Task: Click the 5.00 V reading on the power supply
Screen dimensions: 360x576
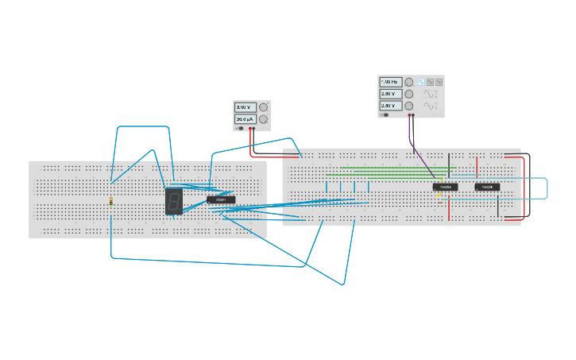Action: pos(243,107)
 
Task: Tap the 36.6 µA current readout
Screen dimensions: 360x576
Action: pos(243,119)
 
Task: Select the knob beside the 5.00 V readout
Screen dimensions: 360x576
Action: pos(263,107)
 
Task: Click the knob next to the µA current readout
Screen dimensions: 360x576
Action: pos(263,119)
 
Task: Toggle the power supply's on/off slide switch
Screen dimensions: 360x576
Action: pos(239,128)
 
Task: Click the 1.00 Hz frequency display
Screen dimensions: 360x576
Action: pos(390,82)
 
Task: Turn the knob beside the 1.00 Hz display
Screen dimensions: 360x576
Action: pos(409,82)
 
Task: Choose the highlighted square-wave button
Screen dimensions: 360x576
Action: pos(421,82)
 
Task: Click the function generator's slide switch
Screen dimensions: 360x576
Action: pos(385,114)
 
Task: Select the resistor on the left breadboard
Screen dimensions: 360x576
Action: pos(111,201)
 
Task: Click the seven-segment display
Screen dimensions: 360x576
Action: pos(174,201)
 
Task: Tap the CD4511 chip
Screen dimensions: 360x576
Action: pos(221,199)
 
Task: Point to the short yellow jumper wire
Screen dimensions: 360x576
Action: pos(438,194)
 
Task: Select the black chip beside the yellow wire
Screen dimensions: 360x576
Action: pos(445,187)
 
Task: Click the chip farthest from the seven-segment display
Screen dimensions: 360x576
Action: pos(487,187)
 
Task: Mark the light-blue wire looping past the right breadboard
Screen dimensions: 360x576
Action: pos(547,188)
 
